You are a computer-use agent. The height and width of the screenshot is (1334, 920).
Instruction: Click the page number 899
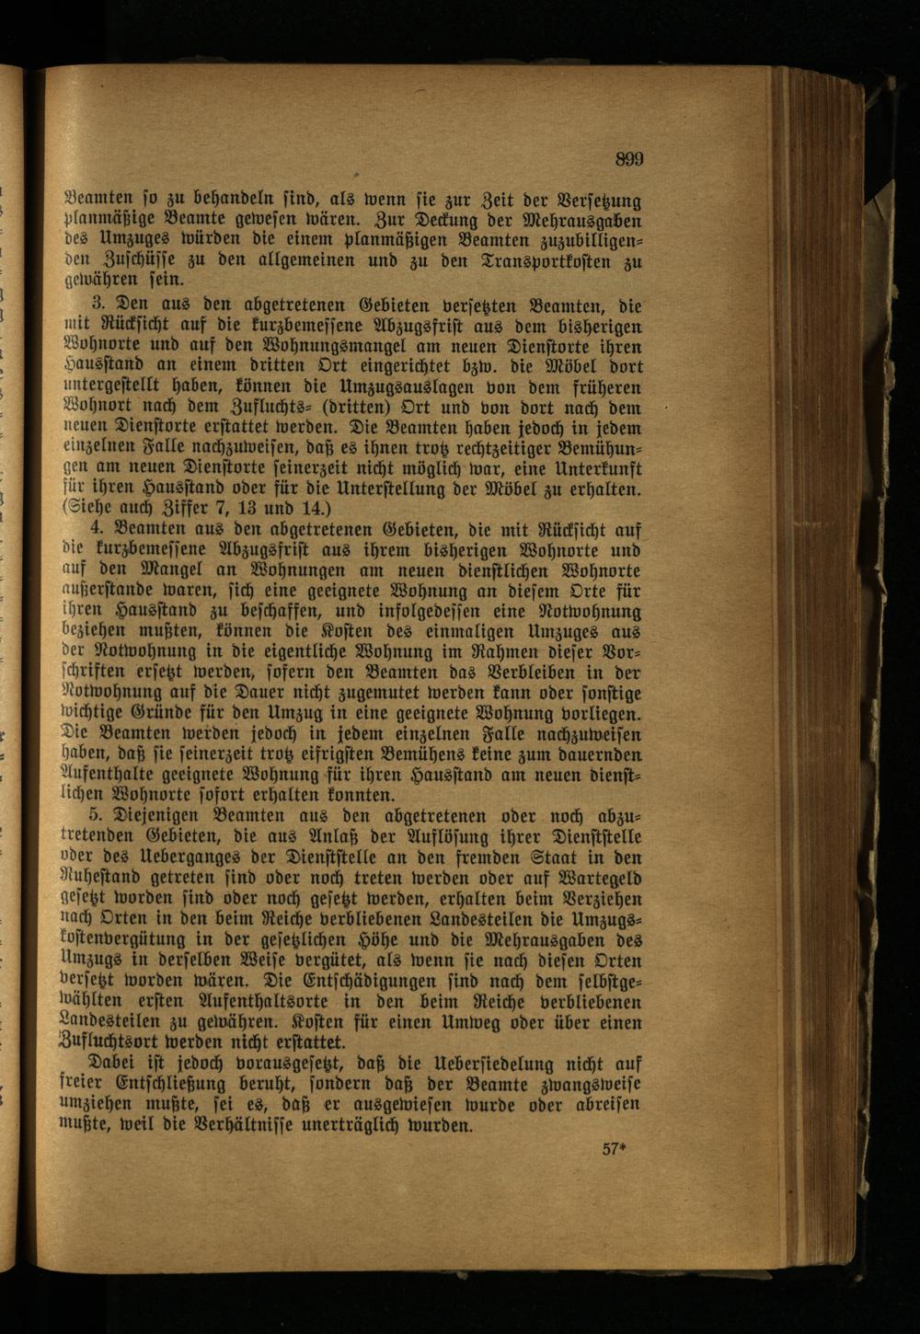click(629, 159)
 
